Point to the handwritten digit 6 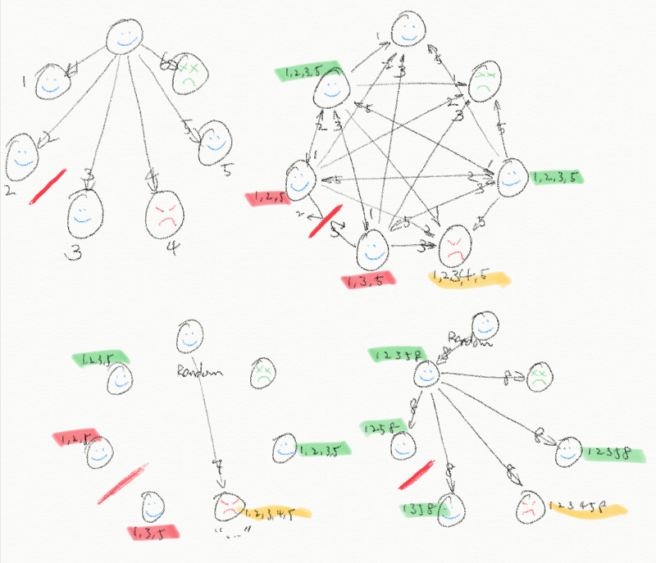coord(164,59)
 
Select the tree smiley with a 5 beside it coord(214,139)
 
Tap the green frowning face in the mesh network coord(483,81)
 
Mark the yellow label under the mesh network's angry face coord(467,279)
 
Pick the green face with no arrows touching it coord(262,373)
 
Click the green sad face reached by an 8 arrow coord(538,378)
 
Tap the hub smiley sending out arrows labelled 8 coord(428,375)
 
